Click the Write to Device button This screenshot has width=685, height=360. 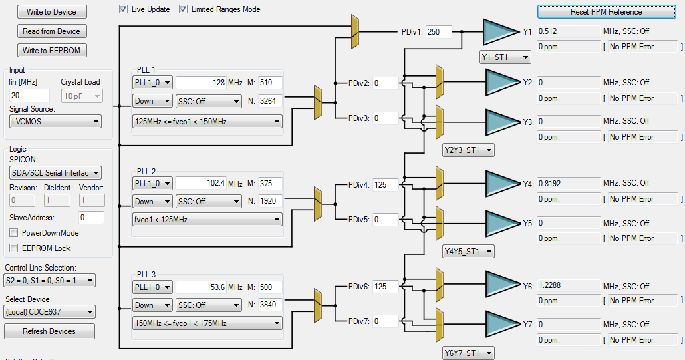click(51, 12)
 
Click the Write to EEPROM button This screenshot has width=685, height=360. click(51, 51)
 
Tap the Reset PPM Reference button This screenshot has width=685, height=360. click(605, 12)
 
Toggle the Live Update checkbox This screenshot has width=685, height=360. click(124, 9)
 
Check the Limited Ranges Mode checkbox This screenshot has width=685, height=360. click(184, 9)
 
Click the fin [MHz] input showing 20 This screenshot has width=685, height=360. click(29, 96)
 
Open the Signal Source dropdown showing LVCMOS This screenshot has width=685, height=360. click(55, 121)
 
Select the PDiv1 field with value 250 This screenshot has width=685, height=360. click(438, 32)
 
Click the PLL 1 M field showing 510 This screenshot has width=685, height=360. click(270, 83)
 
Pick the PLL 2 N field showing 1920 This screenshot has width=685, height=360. click(270, 201)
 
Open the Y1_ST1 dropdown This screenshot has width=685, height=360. click(505, 57)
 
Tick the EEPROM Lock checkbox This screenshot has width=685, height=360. click(14, 248)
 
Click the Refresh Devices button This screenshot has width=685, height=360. click(49, 331)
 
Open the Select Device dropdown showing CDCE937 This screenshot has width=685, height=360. click(49, 312)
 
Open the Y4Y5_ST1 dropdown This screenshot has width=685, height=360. click(468, 252)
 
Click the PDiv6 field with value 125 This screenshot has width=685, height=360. click(386, 287)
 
